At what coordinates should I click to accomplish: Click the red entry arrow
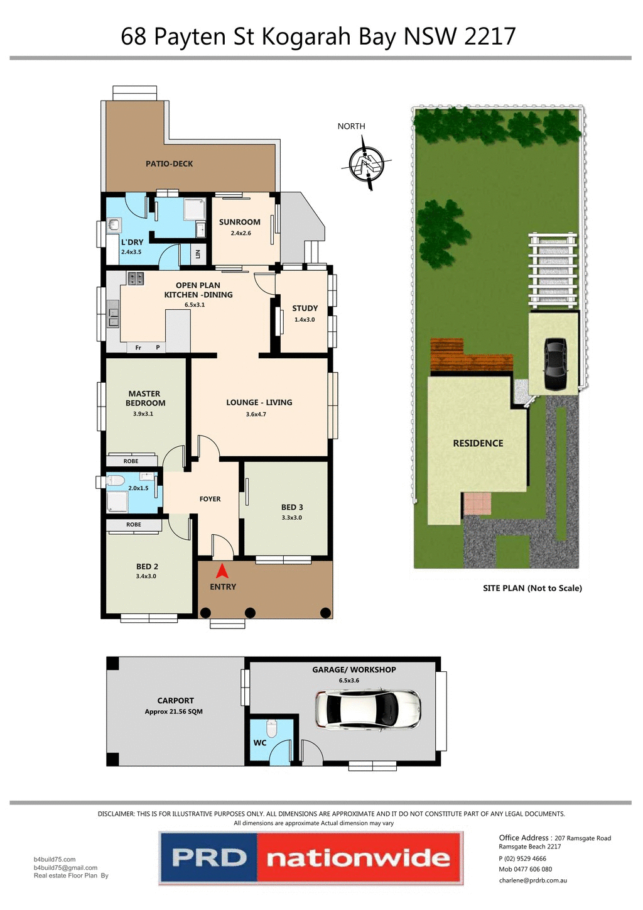tap(222, 571)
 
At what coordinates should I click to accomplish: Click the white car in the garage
tap(368, 709)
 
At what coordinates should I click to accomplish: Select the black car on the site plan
tap(555, 365)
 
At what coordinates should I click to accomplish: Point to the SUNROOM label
tap(239, 222)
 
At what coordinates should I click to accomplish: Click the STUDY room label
tap(305, 308)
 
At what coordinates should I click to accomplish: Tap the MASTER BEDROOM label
tap(145, 398)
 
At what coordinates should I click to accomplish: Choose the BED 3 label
tap(292, 507)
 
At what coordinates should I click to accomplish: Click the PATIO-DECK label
tap(169, 163)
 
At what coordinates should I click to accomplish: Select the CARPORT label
tap(175, 700)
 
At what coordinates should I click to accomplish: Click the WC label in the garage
tap(260, 742)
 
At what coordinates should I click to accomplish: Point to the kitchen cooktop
tap(136, 278)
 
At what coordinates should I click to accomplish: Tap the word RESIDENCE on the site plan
tap(478, 443)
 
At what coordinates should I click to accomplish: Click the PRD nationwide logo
tap(311, 858)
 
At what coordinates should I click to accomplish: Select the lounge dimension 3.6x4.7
tap(256, 414)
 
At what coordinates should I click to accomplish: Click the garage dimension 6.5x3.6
tap(349, 680)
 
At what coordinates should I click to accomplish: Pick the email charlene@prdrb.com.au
tap(532, 880)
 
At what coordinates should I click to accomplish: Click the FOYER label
tap(210, 499)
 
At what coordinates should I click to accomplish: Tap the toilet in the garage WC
tap(271, 728)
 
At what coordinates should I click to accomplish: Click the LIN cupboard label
tap(198, 254)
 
